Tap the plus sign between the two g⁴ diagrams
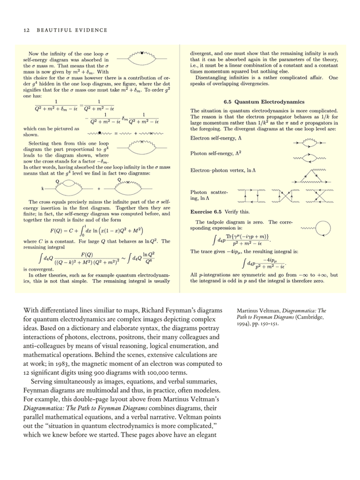point(99,188)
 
